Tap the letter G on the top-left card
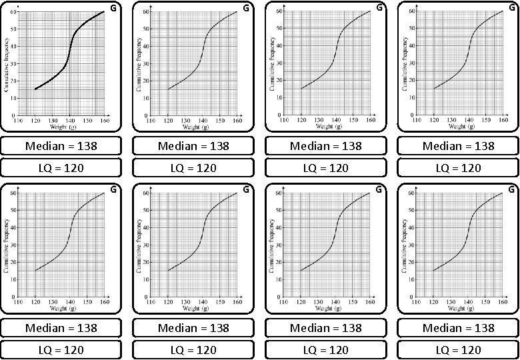(113, 8)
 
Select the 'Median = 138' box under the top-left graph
(61, 146)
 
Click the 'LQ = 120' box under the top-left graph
(61, 168)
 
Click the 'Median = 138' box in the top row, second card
(193, 146)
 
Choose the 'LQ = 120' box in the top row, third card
(325, 168)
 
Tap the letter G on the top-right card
(511, 8)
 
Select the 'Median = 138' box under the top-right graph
(458, 146)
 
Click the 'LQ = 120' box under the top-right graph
(458, 168)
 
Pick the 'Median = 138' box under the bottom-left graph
(61, 328)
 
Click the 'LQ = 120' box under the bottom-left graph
(61, 350)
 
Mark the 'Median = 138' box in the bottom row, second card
(193, 328)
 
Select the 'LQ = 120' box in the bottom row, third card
(325, 350)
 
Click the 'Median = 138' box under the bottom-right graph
(458, 328)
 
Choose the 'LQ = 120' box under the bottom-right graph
(458, 350)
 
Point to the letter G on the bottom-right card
(511, 190)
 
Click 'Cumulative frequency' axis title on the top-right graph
(405, 63)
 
